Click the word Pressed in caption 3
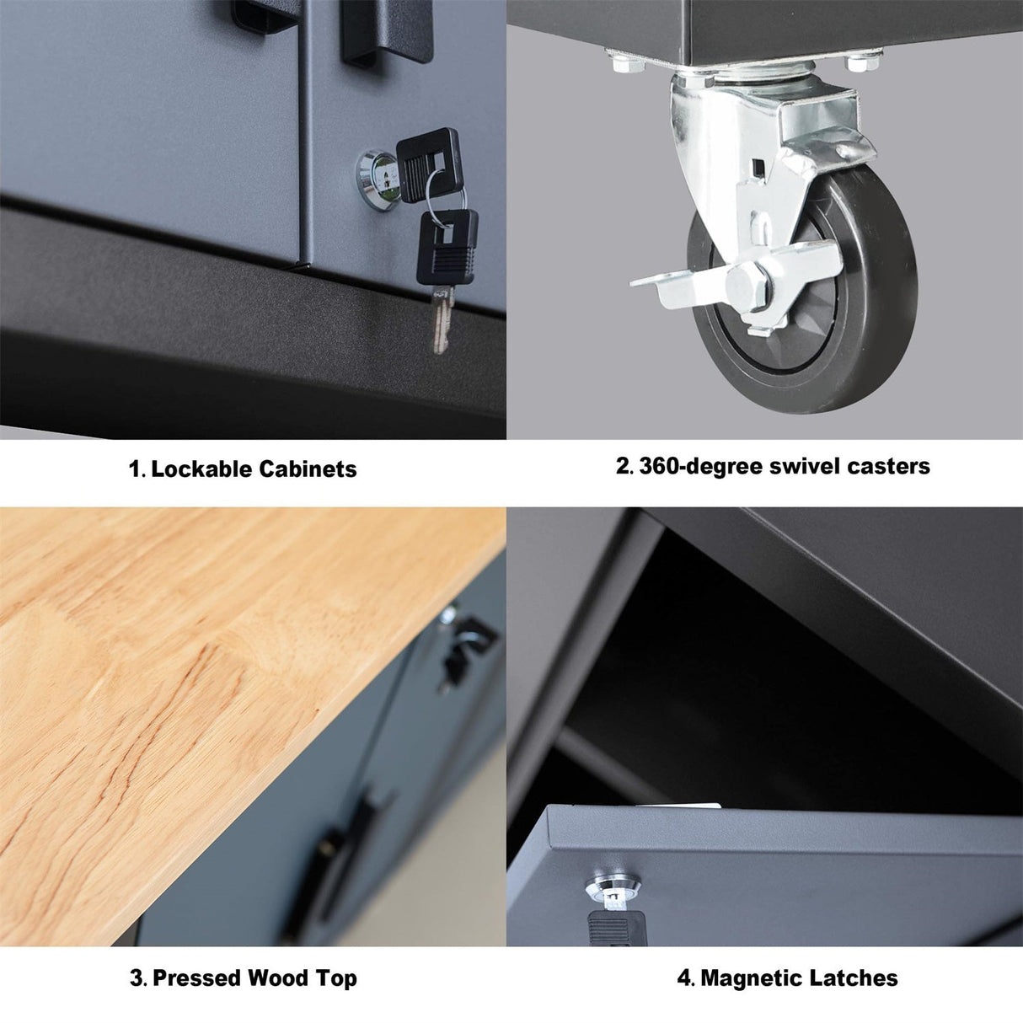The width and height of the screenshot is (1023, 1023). [196, 978]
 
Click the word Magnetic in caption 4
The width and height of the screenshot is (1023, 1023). [753, 978]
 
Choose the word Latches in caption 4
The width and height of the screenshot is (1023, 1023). [854, 978]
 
